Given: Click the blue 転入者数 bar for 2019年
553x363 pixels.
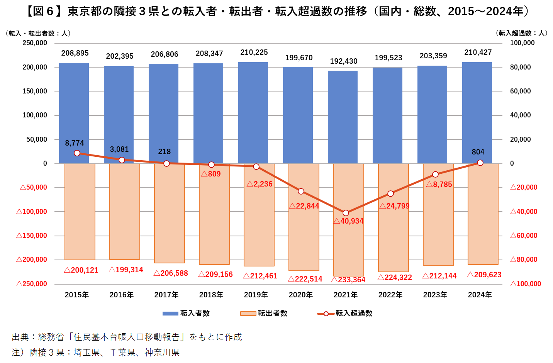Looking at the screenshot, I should (253, 113).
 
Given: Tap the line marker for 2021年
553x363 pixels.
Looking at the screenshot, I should (346, 213).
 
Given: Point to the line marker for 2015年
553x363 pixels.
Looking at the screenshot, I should (77, 153).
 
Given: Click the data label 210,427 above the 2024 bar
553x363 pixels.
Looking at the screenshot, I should (478, 52).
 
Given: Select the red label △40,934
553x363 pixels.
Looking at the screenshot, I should (348, 221).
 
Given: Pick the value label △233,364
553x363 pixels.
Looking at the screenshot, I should (348, 280).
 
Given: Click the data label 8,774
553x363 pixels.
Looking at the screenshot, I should (74, 143).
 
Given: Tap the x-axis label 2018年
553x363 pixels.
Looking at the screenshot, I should (211, 295).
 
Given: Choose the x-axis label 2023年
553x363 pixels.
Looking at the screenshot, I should (435, 295).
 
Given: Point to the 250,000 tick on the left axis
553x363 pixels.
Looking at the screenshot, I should (35, 43).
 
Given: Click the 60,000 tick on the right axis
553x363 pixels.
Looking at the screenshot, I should (520, 91).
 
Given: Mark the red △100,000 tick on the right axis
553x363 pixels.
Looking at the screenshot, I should (525, 284).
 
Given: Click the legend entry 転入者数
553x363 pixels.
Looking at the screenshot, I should (186, 313).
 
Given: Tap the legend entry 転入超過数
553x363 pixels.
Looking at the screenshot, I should (344, 313).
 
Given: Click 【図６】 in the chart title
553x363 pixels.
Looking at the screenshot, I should (43, 11).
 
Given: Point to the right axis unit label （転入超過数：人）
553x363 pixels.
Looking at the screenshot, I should (521, 33).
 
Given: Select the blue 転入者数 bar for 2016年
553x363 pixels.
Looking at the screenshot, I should (119, 115).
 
